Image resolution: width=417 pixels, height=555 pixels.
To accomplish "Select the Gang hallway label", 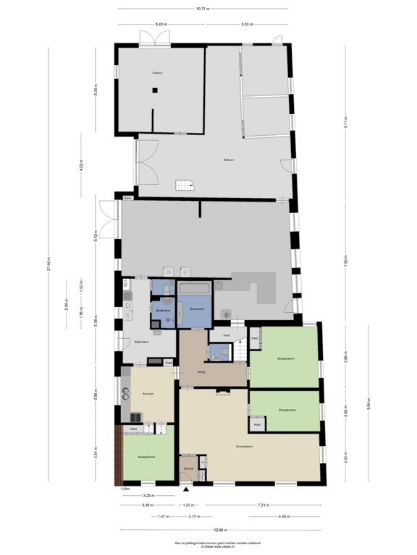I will pyautogui.click(x=203, y=372).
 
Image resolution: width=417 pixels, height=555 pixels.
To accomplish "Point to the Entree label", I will pyautogui.click(x=188, y=469).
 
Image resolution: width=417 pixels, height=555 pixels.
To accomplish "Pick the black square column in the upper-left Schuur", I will pyautogui.click(x=154, y=90).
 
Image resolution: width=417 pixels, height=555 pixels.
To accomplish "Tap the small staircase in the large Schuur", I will pyautogui.click(x=184, y=185).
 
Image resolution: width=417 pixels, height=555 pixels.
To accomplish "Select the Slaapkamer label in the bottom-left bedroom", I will pyautogui.click(x=148, y=457).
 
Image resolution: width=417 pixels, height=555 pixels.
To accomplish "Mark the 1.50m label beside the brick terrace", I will pyautogui.click(x=125, y=489).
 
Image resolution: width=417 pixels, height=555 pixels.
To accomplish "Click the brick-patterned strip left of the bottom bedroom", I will pyautogui.click(x=118, y=454).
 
